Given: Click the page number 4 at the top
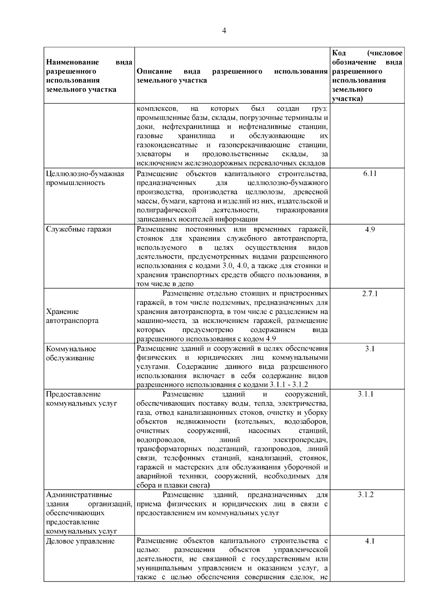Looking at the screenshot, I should point(224,31).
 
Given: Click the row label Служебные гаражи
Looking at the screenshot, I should point(79,229).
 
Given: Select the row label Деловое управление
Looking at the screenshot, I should point(81,541).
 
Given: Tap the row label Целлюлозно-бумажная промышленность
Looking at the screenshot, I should point(85,179).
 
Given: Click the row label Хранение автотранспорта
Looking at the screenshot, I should point(72,316).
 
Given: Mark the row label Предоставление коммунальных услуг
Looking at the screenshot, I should point(82,399).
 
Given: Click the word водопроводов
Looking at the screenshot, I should point(160,440).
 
